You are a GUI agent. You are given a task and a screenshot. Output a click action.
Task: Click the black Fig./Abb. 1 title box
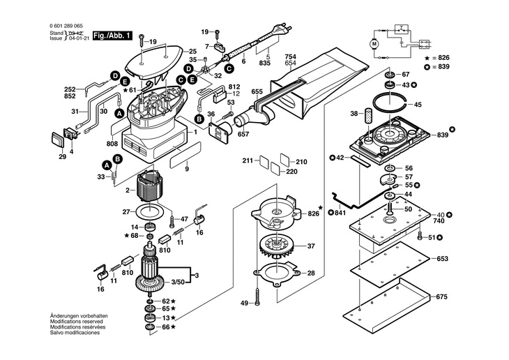113,36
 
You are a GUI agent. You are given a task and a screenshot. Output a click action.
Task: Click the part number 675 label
442,297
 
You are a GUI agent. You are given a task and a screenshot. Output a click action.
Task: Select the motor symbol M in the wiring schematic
374,43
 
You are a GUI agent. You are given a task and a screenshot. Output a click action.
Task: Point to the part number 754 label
291,57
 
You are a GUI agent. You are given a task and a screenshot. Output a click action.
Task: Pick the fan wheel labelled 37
276,246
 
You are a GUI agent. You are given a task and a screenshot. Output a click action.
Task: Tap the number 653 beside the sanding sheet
442,259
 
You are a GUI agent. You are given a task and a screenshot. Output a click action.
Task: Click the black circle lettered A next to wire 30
119,114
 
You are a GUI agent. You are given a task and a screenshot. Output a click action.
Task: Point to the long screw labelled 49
257,296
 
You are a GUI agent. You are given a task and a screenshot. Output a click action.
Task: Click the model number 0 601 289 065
66,26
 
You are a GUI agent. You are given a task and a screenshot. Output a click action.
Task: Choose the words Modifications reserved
76,322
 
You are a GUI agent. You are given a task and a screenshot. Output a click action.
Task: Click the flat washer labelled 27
150,213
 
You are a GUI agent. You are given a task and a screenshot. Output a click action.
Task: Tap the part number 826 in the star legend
443,58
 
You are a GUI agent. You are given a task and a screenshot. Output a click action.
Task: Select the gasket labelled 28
276,272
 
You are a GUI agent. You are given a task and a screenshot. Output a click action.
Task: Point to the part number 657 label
243,134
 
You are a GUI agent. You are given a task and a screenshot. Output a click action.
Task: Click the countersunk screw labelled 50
390,208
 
